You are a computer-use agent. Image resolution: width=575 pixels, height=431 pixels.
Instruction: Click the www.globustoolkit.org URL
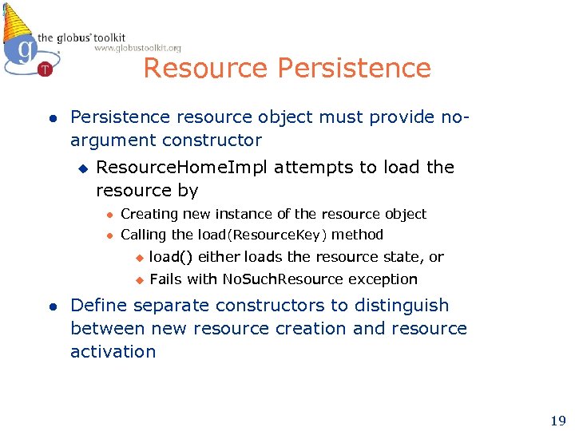pyautogui.click(x=137, y=49)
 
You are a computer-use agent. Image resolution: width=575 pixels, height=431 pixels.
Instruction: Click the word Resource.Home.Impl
pyautogui.click(x=158, y=168)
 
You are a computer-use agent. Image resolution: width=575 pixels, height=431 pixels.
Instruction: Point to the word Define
pyautogui.click(x=99, y=306)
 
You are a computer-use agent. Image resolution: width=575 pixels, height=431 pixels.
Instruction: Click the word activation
pyautogui.click(x=113, y=352)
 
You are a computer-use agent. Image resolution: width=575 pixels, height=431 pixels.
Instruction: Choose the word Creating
pyautogui.click(x=149, y=214)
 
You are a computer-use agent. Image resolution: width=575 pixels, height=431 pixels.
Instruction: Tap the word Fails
pyautogui.click(x=165, y=279)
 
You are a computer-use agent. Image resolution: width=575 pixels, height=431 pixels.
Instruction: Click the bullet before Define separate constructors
pyautogui.click(x=50, y=306)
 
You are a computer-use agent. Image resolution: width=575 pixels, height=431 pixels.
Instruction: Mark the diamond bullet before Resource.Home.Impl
pyautogui.click(x=81, y=168)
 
